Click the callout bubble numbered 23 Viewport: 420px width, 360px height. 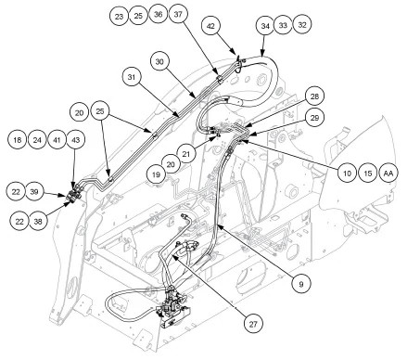tap(118, 17)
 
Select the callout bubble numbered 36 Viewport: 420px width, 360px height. tap(159, 17)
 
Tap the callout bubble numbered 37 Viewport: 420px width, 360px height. tap(179, 17)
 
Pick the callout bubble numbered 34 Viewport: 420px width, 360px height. tap(265, 26)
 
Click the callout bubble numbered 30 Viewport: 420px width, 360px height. tap(160, 62)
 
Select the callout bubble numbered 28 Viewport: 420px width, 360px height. tap(315, 96)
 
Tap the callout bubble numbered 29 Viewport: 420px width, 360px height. tap(315, 118)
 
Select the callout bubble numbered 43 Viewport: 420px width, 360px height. tap(77, 138)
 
